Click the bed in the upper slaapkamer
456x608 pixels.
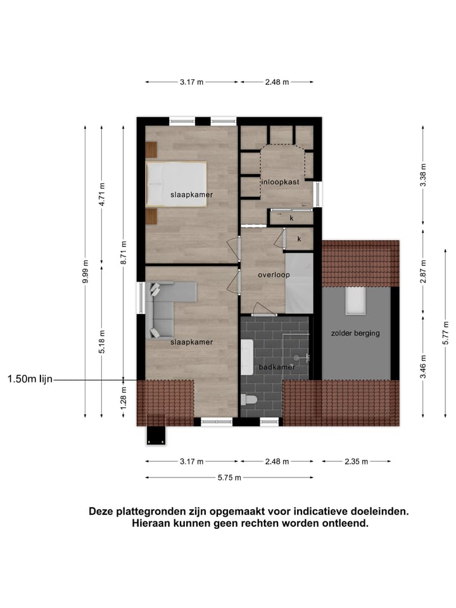tap(176, 184)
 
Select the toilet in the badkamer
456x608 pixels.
tap(249, 400)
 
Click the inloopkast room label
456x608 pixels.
tap(280, 182)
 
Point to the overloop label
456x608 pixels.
tap(274, 275)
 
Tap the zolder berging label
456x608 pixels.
tap(355, 332)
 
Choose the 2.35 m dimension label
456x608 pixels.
tap(356, 462)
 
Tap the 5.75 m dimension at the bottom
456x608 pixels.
tap(229, 478)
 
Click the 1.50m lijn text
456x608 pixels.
tap(30, 379)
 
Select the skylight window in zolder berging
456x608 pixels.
tap(355, 300)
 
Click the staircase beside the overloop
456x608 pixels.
tap(299, 282)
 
